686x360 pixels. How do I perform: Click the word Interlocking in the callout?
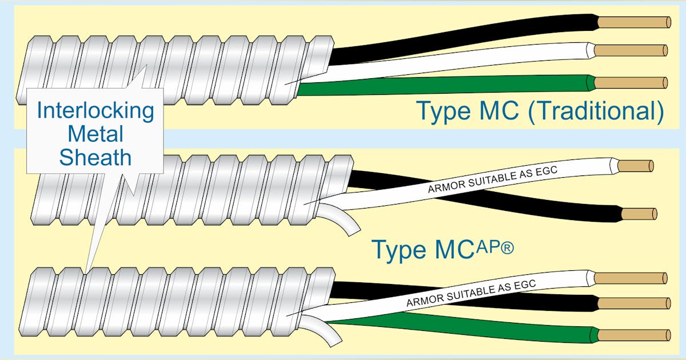tap(95, 110)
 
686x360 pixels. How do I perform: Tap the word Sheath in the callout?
tap(95, 157)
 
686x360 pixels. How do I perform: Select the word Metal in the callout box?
tap(95, 134)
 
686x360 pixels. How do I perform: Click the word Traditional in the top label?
tap(596, 111)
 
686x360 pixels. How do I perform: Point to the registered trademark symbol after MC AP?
tap(507, 248)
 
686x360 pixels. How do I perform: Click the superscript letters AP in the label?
tap(488, 247)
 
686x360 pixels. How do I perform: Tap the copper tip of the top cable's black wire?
tap(634, 22)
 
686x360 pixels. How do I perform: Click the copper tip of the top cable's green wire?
tap(631, 83)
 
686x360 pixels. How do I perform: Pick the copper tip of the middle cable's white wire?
tap(636, 166)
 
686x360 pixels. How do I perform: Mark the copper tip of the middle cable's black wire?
tap(639, 214)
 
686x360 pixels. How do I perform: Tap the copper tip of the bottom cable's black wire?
tap(634, 303)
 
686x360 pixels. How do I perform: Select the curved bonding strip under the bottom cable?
tap(323, 331)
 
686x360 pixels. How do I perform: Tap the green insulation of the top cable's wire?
tap(444, 86)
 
